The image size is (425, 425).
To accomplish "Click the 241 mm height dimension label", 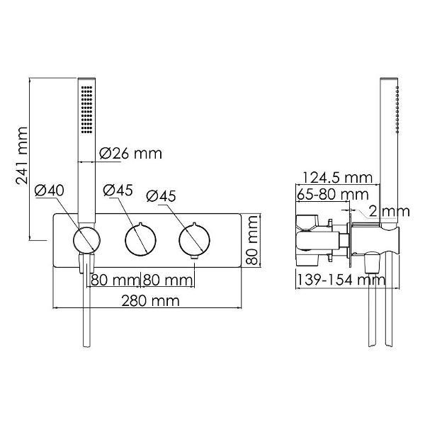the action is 22,156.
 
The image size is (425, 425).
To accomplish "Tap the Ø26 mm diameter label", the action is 130,154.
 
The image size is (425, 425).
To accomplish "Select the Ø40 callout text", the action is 50,191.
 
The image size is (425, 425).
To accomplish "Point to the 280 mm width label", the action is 150,300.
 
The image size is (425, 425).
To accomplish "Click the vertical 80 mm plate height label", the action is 251,240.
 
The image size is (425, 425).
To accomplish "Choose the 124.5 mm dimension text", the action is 337,178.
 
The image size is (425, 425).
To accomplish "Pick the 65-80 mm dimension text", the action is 332,194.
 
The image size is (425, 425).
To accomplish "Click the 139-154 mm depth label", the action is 341,280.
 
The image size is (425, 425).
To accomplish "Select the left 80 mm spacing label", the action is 115,280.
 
